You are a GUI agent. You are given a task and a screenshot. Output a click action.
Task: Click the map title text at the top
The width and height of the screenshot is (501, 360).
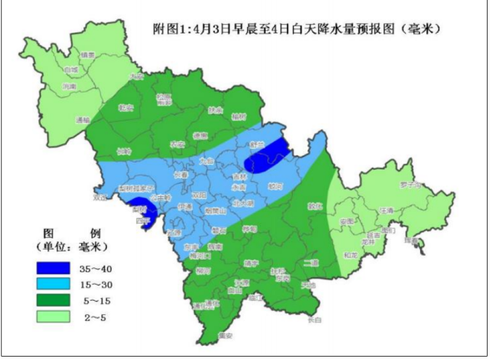pyautogui.click(x=297, y=29)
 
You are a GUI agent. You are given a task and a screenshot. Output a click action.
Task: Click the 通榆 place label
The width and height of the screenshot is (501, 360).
pyautogui.click(x=82, y=119)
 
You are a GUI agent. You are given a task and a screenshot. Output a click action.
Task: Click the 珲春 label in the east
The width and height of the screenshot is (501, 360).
pyautogui.click(x=410, y=241)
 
